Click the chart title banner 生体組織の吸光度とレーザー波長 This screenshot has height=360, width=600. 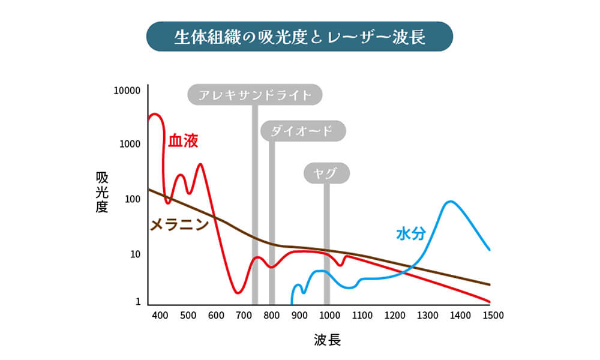tap(299, 37)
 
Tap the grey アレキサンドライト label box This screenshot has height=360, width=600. tap(254, 95)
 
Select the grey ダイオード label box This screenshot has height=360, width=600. tap(304, 131)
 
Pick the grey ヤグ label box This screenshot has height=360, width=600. tap(326, 173)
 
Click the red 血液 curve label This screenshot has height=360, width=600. tap(182, 141)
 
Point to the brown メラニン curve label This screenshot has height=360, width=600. tap(178, 225)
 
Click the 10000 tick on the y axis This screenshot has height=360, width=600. tap(127, 91)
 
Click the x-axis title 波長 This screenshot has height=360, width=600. tap(327, 340)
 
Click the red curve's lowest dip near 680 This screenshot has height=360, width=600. tap(238, 293)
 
